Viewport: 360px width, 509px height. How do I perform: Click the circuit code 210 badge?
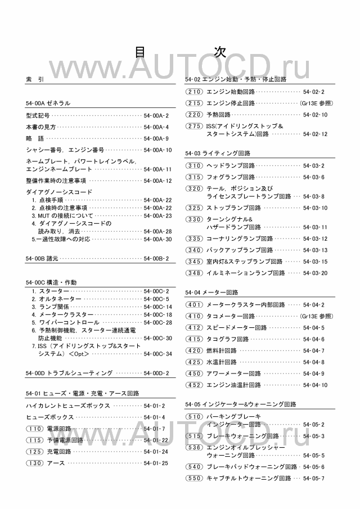point(194,92)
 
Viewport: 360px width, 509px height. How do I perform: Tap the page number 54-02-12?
point(315,134)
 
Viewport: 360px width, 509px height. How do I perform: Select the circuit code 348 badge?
point(194,273)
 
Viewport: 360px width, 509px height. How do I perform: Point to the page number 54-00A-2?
point(156,115)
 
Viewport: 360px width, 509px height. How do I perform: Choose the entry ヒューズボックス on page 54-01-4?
point(50,417)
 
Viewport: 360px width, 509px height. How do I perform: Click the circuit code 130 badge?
point(35,463)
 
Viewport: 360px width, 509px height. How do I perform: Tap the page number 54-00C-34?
point(158,354)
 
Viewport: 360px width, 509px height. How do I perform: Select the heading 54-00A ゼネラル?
point(48,103)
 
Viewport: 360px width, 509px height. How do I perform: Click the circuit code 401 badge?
point(194,305)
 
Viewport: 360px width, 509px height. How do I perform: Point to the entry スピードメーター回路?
point(237,327)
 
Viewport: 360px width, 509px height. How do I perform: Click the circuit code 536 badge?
point(194,447)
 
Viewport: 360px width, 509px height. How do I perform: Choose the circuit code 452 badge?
point(194,385)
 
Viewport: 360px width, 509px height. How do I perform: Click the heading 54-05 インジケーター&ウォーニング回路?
point(240,404)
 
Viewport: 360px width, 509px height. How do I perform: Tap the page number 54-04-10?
point(315,385)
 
